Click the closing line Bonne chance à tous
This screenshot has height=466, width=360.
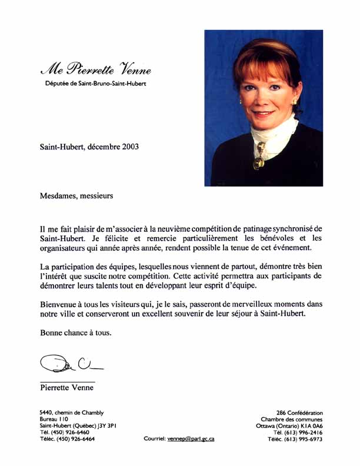click(75, 333)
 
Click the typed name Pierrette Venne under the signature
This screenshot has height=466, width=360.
click(66, 387)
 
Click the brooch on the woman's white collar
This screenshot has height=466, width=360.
click(259, 161)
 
